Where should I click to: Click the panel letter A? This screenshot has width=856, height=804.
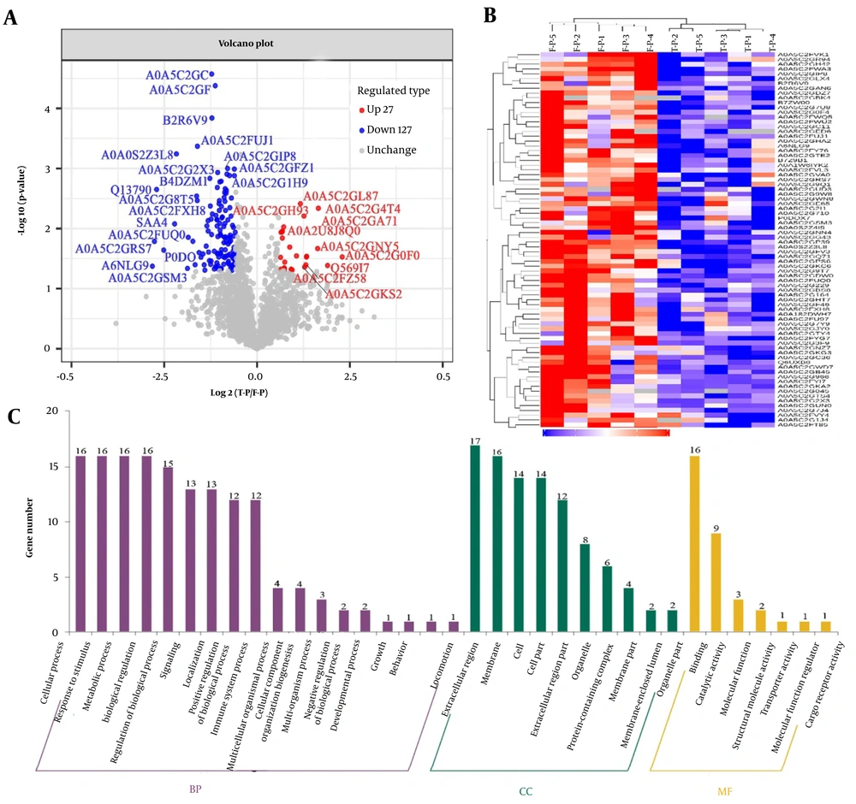tap(12, 19)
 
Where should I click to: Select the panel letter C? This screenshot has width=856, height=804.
tap(12, 417)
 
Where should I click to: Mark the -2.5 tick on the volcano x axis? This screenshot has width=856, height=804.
tap(161, 376)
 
